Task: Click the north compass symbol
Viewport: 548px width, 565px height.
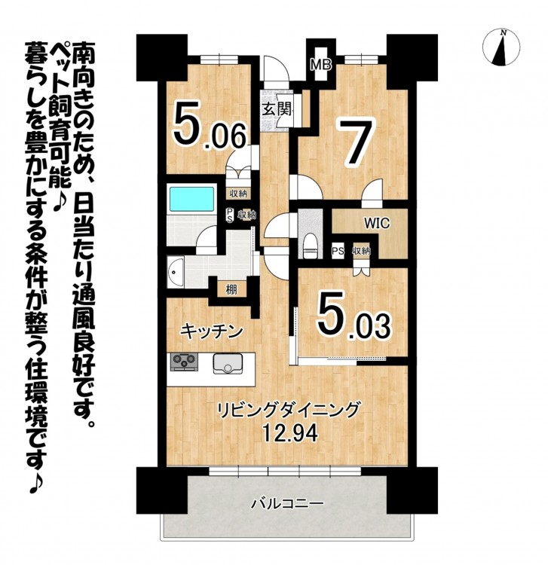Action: coord(501,48)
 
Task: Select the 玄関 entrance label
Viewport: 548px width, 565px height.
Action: coord(277,109)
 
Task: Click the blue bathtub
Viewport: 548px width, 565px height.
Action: coord(192,200)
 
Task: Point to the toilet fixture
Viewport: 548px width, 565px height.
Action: coord(310,246)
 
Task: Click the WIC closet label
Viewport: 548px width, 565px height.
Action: coord(377,224)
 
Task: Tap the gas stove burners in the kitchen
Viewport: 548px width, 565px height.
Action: coord(184,362)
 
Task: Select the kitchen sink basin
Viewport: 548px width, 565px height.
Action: coord(228,364)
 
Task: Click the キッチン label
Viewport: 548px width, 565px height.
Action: coord(211,331)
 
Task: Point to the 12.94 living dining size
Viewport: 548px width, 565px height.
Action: coord(291,433)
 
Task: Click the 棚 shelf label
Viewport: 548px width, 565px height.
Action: coord(231,289)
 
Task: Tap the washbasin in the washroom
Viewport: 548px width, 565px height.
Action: coord(176,272)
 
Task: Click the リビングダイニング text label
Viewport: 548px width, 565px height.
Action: coord(289,410)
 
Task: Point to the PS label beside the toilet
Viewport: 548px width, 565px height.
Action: coord(338,251)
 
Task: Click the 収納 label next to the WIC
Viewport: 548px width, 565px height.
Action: coord(362,251)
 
